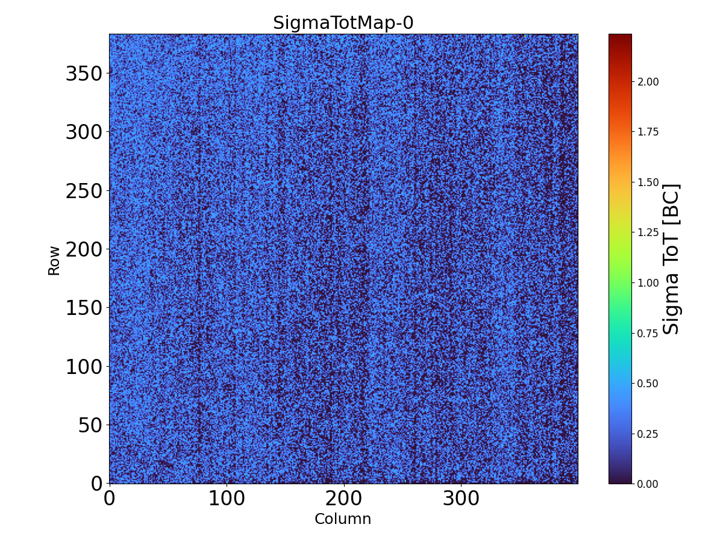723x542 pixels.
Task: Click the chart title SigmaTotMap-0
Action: [343, 23]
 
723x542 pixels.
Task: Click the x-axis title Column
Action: [343, 519]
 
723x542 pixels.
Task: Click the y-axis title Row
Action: [54, 260]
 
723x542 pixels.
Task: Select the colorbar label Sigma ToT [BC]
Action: [671, 259]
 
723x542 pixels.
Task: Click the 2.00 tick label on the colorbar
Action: [648, 82]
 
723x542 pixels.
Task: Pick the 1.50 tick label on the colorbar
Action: [648, 182]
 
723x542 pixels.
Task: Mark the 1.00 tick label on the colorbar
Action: [648, 283]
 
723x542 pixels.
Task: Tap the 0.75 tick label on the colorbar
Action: [648, 333]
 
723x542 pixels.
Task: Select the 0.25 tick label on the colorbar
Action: [648, 434]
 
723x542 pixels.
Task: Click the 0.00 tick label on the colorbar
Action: [648, 484]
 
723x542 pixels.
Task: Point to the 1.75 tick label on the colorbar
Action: [648, 132]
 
